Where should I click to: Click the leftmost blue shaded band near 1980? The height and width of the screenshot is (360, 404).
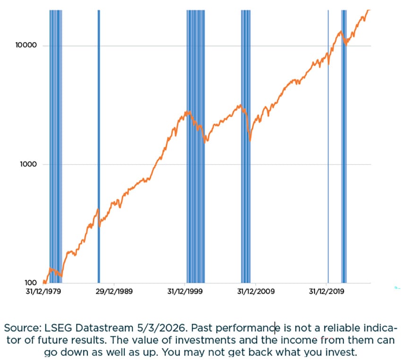[x=56, y=142]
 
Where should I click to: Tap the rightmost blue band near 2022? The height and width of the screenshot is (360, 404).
[x=344, y=142]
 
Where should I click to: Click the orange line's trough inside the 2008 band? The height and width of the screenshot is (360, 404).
[x=249, y=140]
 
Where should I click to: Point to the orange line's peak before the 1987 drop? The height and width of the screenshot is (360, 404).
[x=98, y=209]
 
